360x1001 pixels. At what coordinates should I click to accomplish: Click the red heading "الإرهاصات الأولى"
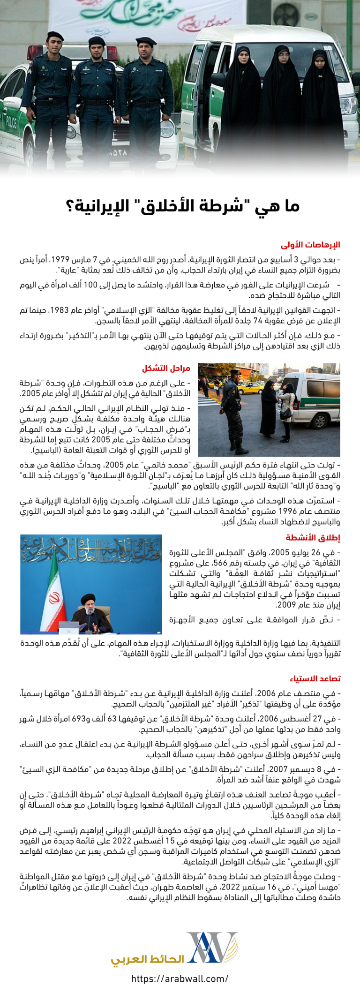[x=310, y=245]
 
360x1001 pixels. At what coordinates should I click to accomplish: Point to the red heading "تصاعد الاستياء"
[x=315, y=678]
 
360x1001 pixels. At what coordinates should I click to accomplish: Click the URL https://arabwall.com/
[x=180, y=978]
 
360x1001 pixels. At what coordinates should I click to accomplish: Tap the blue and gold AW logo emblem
[x=212, y=948]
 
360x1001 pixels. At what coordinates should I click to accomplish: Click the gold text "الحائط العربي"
[x=148, y=959]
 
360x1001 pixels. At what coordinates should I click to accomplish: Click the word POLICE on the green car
[x=11, y=123]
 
